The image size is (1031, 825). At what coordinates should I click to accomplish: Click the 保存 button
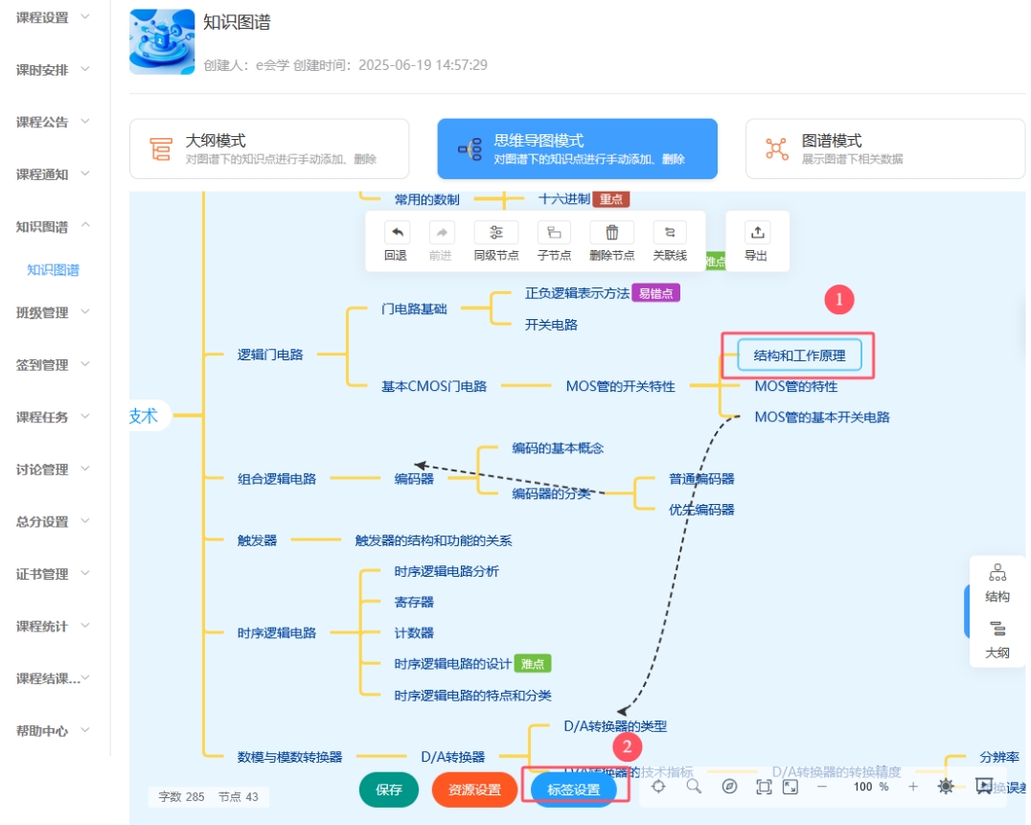(389, 790)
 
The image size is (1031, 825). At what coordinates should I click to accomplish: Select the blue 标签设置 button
(574, 790)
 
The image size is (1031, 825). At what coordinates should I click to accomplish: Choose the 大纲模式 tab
(269, 149)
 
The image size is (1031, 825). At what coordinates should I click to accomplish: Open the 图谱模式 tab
(884, 149)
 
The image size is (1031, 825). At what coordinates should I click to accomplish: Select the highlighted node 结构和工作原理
(799, 355)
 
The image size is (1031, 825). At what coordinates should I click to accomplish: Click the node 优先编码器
(701, 510)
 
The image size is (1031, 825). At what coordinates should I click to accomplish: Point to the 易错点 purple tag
(655, 293)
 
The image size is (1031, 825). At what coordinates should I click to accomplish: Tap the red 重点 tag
(610, 199)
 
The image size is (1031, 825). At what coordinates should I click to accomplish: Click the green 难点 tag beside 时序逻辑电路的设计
(533, 663)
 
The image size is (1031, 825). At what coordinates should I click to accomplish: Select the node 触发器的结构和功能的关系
(433, 540)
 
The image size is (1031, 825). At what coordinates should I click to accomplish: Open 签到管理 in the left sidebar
(43, 364)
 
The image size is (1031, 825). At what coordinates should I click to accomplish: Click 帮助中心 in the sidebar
(43, 730)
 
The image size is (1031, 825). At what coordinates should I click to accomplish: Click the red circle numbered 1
(839, 300)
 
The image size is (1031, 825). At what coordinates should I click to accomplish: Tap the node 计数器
(414, 632)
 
